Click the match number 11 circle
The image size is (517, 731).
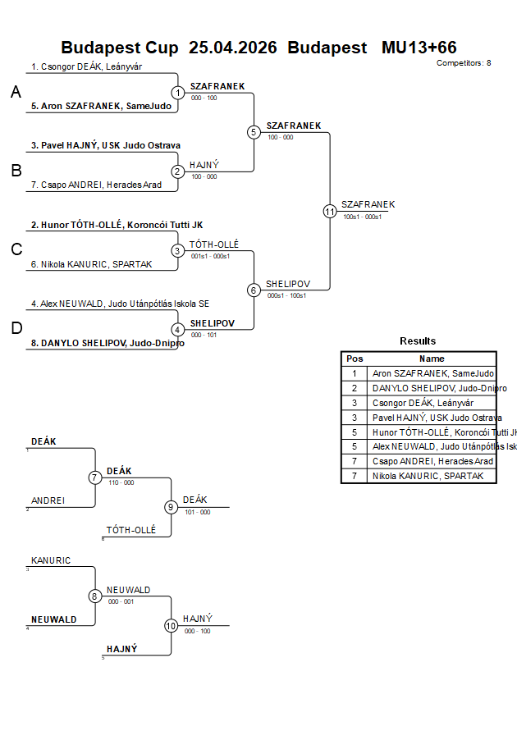[330, 211]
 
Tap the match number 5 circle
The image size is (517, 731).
[254, 132]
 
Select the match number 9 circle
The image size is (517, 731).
[172, 507]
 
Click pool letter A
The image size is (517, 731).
[16, 93]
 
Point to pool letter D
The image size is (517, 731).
[16, 329]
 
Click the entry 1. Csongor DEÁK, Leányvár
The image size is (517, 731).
[87, 66]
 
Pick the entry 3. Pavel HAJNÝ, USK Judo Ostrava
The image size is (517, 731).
[106, 145]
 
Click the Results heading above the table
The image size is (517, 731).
[418, 341]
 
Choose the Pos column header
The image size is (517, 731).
[355, 359]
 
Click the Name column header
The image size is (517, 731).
[432, 359]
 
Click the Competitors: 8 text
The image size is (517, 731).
[464, 62]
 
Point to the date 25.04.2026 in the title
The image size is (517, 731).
[232, 48]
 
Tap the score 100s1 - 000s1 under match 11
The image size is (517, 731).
[363, 217]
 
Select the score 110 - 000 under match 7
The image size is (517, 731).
[121, 482]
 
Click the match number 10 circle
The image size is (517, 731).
[172, 625]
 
